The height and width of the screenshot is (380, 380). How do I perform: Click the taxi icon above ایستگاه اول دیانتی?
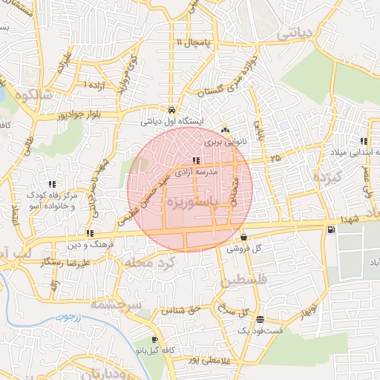tap(171, 107)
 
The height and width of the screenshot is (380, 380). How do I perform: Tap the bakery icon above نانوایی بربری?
tap(225, 129)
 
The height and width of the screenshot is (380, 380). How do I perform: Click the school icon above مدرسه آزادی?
tap(196, 160)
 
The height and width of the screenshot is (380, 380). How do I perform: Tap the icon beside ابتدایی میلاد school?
tap(364, 141)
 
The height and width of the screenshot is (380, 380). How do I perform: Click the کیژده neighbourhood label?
tap(326, 178)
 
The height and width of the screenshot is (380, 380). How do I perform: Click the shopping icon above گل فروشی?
tap(243, 237)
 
